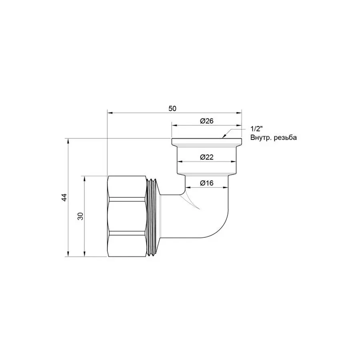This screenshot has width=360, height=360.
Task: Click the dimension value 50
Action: coord(172,108)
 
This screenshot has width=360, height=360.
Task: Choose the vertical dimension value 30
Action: coord(80,216)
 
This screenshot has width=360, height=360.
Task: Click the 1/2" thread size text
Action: coord(256,129)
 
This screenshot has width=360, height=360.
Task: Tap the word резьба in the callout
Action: coord(286,138)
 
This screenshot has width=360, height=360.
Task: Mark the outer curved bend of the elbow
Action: coord(222,228)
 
